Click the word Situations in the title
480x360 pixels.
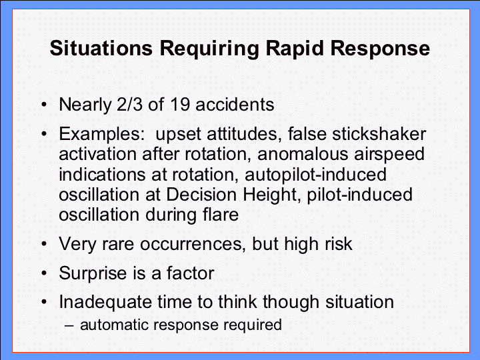[101, 49]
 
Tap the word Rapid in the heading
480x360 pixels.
[294, 49]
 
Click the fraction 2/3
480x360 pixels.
[129, 105]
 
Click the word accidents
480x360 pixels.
[235, 105]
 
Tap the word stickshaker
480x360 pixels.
[379, 134]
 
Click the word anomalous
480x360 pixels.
[303, 154]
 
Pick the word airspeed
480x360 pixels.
[389, 155]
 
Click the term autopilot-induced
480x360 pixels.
[315, 175]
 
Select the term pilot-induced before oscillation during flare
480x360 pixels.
[360, 195]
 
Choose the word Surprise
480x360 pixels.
[93, 273]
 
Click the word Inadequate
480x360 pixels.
[105, 302]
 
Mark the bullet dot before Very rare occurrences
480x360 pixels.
[45, 244]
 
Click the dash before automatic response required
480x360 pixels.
[69, 325]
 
